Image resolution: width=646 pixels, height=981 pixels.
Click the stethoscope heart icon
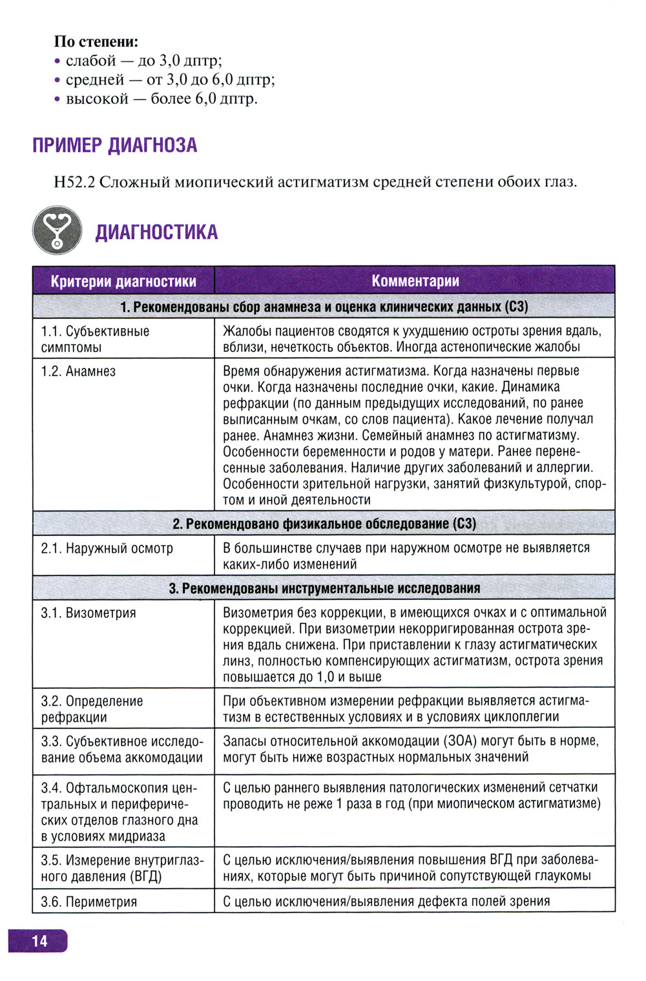pyautogui.click(x=57, y=230)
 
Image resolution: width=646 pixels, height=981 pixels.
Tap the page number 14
pyautogui.click(x=39, y=941)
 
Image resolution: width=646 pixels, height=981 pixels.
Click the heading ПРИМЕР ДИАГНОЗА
pyautogui.click(x=114, y=145)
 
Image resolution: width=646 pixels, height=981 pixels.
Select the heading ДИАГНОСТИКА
pyautogui.click(x=156, y=232)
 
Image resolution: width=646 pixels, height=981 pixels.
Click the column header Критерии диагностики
pyautogui.click(x=123, y=282)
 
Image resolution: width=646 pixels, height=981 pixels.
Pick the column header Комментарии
pyautogui.click(x=415, y=281)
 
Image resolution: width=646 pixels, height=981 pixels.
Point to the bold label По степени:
pyautogui.click(x=96, y=42)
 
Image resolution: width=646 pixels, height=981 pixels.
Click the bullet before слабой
pyautogui.click(x=57, y=61)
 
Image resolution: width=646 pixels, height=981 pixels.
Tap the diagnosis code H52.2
pyautogui.click(x=74, y=182)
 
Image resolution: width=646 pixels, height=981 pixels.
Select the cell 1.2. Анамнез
pyautogui.click(x=78, y=371)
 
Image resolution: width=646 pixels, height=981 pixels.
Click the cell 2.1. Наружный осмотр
pyautogui.click(x=107, y=548)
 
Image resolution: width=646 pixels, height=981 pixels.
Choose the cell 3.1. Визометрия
pyautogui.click(x=89, y=613)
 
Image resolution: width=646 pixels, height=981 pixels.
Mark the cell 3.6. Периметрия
pyautogui.click(x=89, y=902)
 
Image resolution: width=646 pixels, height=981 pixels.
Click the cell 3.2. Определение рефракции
pyautogui.click(x=92, y=709)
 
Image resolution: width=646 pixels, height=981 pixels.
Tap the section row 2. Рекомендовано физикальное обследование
pyautogui.click(x=324, y=524)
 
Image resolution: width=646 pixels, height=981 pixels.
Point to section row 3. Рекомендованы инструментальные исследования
pyautogui.click(x=324, y=588)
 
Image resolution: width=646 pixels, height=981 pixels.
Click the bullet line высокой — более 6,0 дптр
pyautogui.click(x=161, y=99)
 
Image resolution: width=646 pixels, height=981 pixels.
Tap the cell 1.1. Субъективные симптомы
pyautogui.click(x=95, y=339)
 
